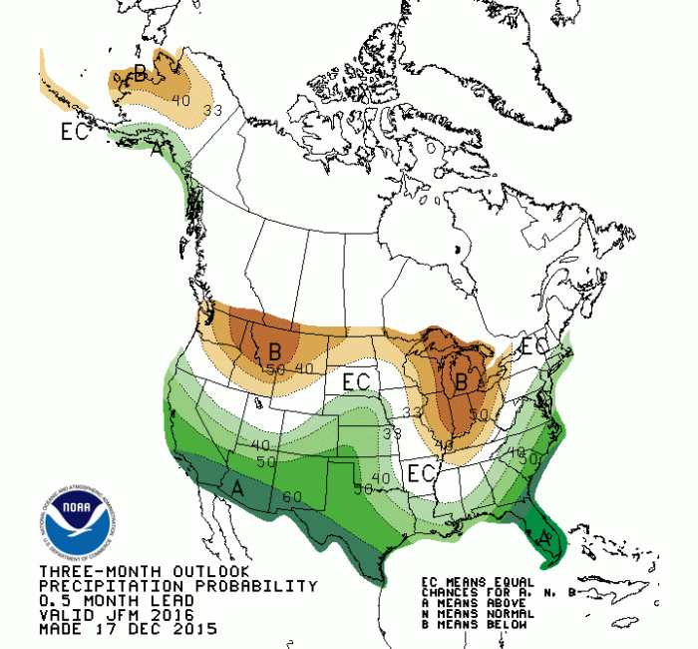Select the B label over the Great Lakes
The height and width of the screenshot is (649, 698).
pyautogui.click(x=462, y=380)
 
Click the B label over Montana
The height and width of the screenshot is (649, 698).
pyautogui.click(x=274, y=351)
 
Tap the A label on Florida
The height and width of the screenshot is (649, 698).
pyautogui.click(x=543, y=535)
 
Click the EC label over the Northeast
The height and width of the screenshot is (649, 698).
pyautogui.click(x=534, y=347)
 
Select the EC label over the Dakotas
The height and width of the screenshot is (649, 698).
pyautogui.click(x=357, y=380)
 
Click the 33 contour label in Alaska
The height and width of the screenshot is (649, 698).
pyautogui.click(x=210, y=110)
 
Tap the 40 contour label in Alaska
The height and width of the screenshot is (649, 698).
pyautogui.click(x=180, y=99)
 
